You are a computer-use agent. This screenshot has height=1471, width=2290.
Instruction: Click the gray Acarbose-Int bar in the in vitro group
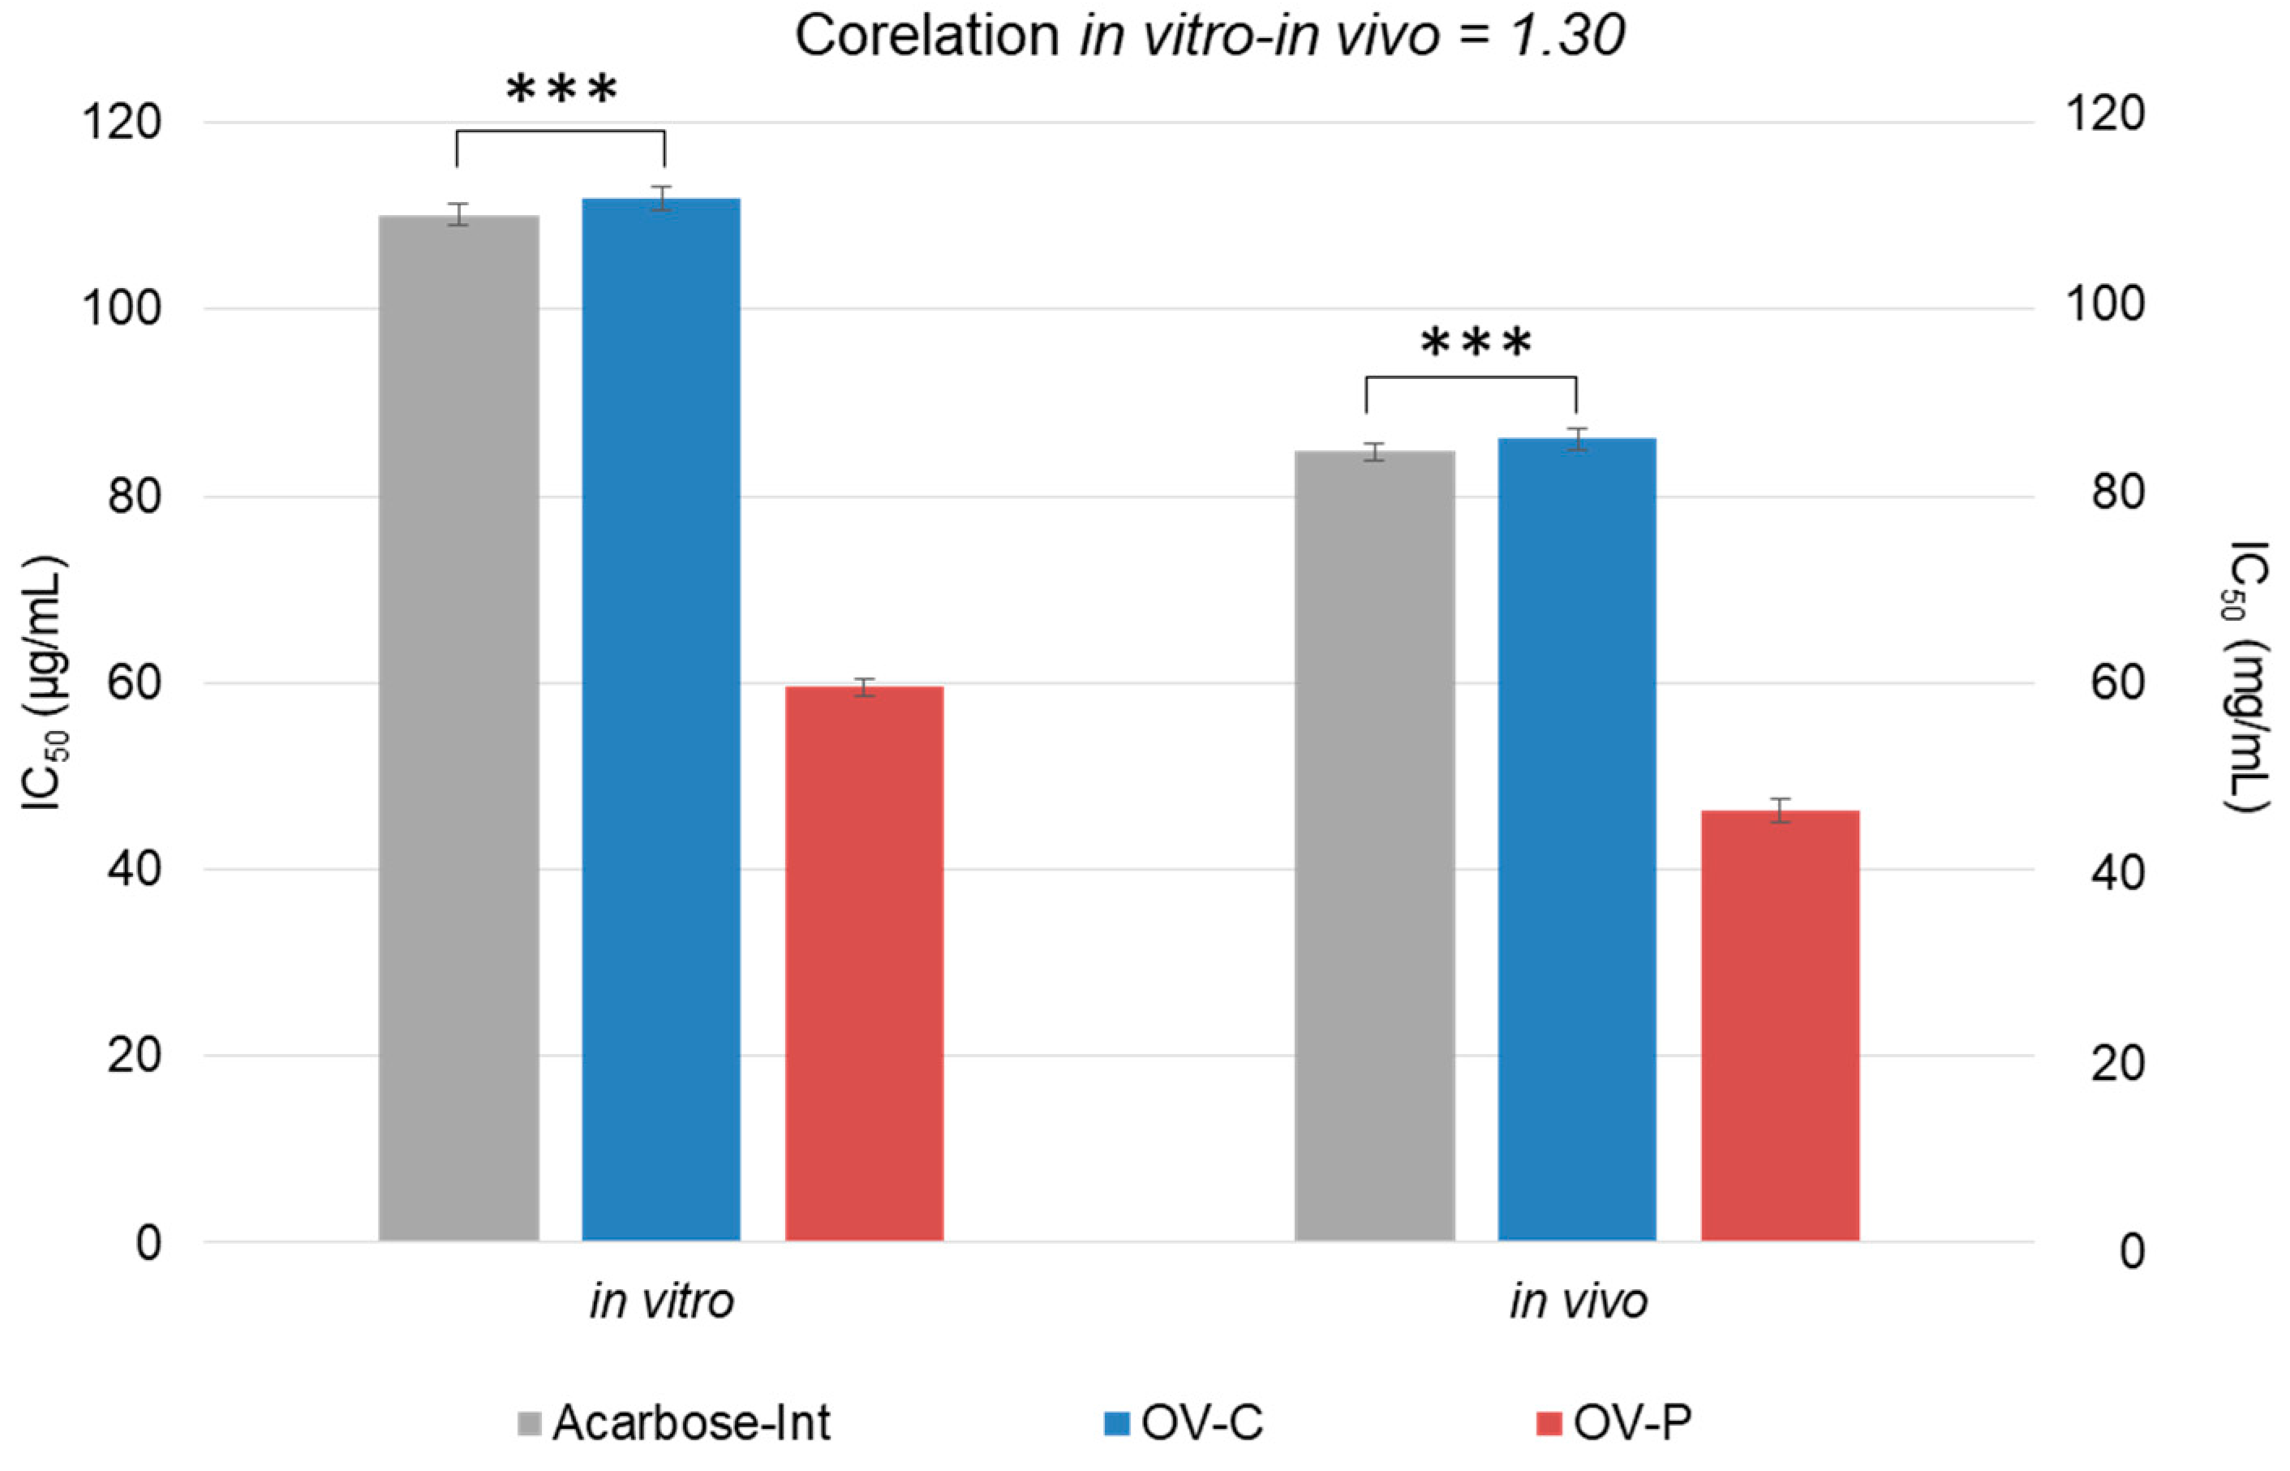(x=458, y=726)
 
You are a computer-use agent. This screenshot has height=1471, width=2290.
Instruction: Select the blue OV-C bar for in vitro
(x=661, y=716)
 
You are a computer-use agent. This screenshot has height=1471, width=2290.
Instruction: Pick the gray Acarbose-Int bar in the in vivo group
(x=1374, y=845)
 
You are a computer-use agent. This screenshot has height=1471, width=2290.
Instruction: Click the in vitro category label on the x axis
(x=661, y=1301)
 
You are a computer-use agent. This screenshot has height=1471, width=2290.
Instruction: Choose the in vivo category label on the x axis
(x=1578, y=1301)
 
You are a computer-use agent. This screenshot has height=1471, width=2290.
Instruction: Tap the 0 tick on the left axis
(x=148, y=1243)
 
